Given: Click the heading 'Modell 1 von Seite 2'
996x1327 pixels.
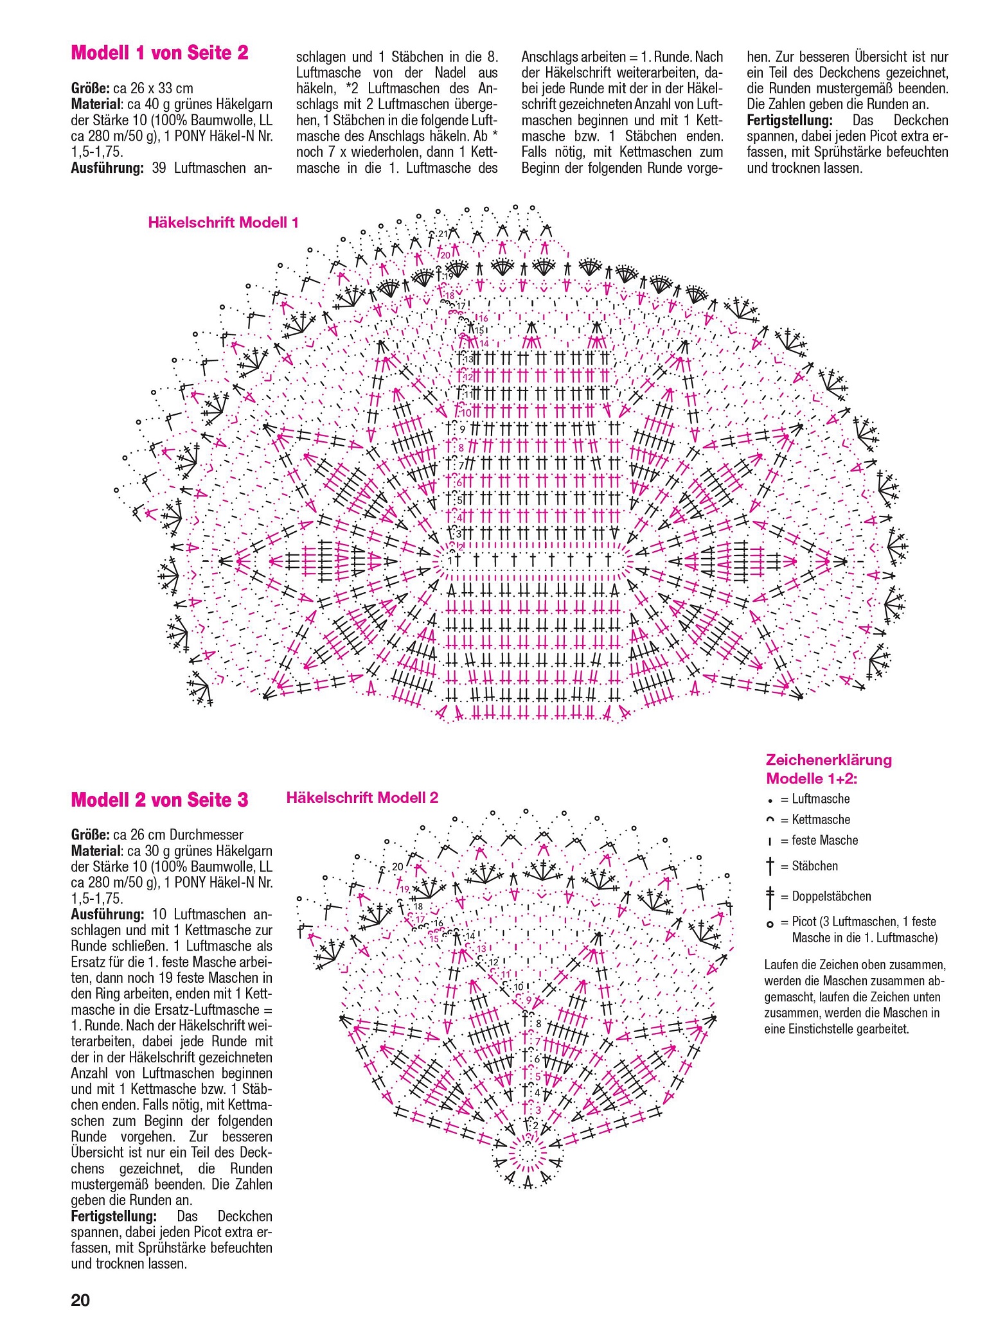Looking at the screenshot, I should click(x=159, y=53).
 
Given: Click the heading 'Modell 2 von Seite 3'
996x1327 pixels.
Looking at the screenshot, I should click(x=159, y=800).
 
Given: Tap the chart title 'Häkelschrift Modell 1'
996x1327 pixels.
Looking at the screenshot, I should click(x=223, y=223).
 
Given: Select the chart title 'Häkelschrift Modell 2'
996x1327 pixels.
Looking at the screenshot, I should click(x=362, y=798).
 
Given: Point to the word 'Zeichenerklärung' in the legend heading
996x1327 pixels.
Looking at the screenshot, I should click(x=828, y=760).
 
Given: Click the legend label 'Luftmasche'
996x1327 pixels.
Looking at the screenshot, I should click(x=821, y=799).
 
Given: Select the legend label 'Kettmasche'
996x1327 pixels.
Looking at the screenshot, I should click(x=821, y=820).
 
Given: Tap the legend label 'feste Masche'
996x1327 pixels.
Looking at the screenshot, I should click(x=824, y=840).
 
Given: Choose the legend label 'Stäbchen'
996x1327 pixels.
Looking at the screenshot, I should click(x=815, y=866).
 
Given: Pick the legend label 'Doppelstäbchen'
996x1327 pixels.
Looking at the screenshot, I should click(x=831, y=896).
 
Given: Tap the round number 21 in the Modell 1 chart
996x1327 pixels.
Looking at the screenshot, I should click(x=442, y=234).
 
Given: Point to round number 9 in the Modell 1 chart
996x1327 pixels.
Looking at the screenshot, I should click(x=461, y=429).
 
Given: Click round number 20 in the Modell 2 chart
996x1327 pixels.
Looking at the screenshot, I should click(x=398, y=867).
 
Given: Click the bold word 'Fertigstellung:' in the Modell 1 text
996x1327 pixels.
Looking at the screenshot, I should click(x=790, y=121).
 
